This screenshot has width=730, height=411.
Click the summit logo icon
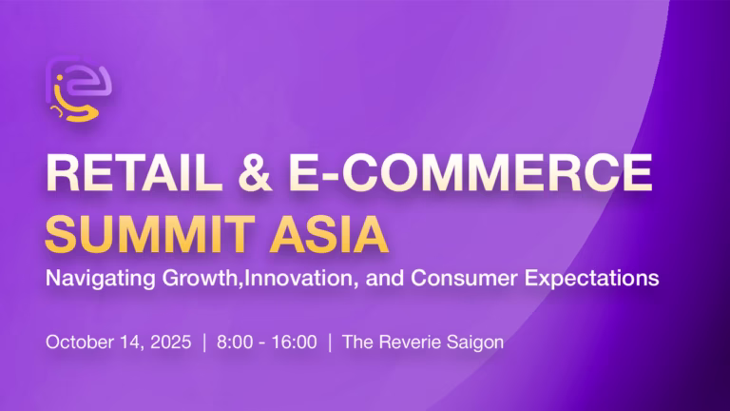coord(79,88)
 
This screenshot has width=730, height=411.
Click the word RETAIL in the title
coord(134,172)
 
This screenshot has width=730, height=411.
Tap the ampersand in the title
coord(255,172)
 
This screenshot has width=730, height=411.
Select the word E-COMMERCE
coord(471,172)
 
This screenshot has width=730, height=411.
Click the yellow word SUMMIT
coord(150,234)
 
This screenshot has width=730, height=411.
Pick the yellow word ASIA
coord(329,234)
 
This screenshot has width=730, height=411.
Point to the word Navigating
coord(101,279)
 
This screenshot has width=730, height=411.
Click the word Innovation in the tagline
coord(301,278)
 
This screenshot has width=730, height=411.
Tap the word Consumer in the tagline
coord(464,278)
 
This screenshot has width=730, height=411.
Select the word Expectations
coord(592,279)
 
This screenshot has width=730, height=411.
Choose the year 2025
coord(171,342)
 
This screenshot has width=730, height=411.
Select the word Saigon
coord(475,342)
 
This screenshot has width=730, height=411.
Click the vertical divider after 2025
coord(204,342)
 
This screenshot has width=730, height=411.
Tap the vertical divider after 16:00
coord(330,342)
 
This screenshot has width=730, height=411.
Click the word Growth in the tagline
coord(200,279)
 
